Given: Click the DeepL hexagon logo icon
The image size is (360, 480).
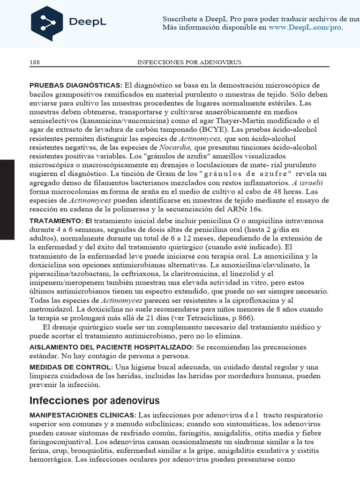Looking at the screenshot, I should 46,23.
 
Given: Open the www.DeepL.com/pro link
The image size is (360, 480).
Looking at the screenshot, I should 305,28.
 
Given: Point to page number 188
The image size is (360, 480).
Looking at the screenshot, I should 35,62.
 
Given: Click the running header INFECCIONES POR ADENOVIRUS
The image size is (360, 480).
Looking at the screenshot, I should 189,62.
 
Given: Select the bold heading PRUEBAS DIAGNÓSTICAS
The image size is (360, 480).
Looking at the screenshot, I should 75,85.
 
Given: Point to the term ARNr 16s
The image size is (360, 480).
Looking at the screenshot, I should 248,209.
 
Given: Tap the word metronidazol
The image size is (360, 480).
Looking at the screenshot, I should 53,309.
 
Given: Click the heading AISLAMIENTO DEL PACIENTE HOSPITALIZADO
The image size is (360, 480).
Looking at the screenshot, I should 112,347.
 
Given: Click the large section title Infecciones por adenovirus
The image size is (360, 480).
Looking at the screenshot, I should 94,401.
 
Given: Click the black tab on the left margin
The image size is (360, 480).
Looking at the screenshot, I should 7,199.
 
